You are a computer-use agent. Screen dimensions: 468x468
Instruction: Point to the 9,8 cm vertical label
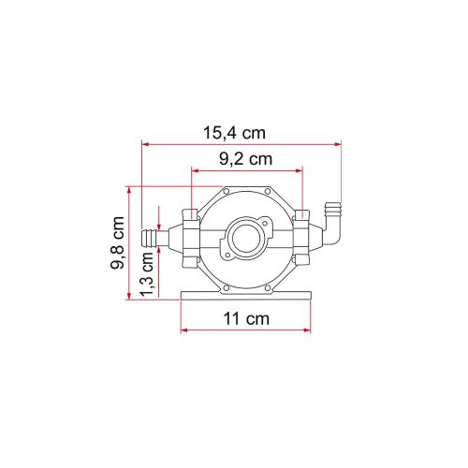[118, 244]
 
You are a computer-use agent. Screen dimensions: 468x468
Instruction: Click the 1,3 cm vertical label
[146, 279]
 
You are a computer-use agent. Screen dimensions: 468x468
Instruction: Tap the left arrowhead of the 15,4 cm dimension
[145, 145]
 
